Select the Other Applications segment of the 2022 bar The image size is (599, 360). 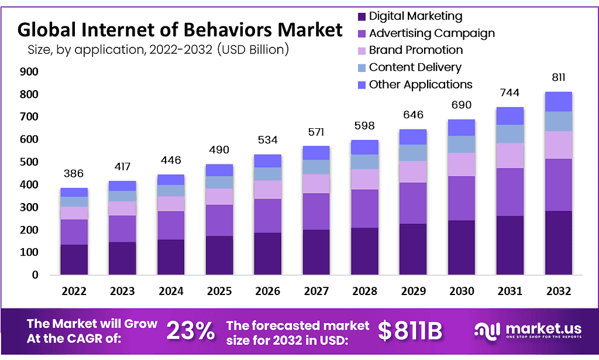tap(74, 192)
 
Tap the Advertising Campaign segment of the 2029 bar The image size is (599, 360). tap(413, 203)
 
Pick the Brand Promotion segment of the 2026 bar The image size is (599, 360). tap(267, 189)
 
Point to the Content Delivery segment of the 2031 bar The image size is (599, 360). tap(510, 133)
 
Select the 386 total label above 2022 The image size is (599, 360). tap(74, 173)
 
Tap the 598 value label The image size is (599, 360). tap(364, 125)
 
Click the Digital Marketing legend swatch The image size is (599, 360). tap(361, 16)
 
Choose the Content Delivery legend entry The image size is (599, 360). tap(415, 67)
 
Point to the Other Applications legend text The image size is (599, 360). tap(420, 84)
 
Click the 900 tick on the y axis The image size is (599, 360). tap(30, 72)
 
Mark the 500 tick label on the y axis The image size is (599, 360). tap(30, 162)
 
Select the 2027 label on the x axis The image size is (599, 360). tap(316, 291)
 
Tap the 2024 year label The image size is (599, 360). tap(171, 291)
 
